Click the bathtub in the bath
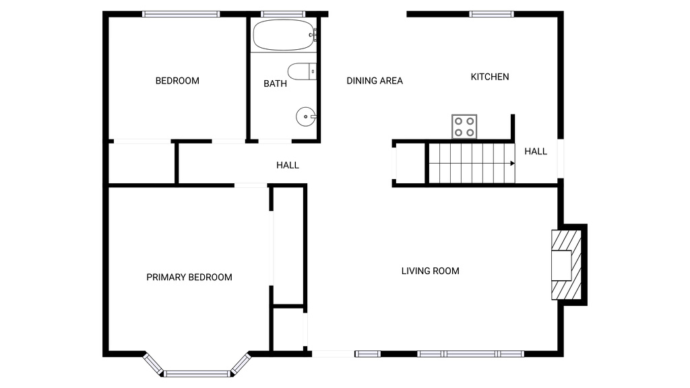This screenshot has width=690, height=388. point(284,35)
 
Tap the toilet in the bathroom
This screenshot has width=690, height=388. point(302,71)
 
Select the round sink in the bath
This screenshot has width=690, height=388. point(306,117)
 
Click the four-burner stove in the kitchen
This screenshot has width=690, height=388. point(464,127)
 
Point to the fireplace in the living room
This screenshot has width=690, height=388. point(567,265)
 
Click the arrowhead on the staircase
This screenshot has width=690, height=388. point(513,164)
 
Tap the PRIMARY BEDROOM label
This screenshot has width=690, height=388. point(189,277)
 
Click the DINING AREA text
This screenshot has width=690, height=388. point(375,81)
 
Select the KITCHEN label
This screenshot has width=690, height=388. point(490,77)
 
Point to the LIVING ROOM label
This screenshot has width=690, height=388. point(431,271)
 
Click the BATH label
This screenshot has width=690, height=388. point(275,84)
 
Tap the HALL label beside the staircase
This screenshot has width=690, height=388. point(536,152)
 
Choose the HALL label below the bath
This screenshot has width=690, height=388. point(287,166)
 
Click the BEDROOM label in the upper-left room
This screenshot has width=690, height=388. point(177,81)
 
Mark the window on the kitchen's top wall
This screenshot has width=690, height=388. point(491,14)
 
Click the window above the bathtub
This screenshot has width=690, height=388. point(283,14)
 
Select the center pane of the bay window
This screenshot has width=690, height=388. point(197,374)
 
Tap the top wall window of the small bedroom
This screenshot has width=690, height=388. point(181,14)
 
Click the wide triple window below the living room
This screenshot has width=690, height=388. point(470,354)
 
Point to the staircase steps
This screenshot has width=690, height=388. point(472,163)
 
